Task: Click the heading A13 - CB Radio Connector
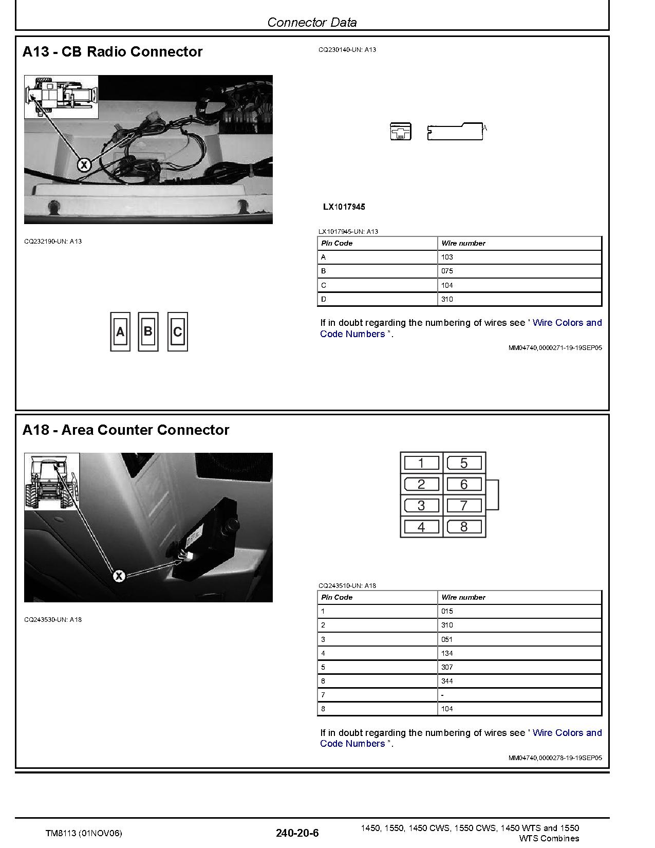coord(113,52)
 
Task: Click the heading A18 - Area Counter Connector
coord(126,430)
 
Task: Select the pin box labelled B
coord(148,332)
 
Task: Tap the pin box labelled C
coord(178,332)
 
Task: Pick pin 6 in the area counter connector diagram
coord(464,484)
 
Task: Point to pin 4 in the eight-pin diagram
coord(421,527)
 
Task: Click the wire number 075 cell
coord(447,271)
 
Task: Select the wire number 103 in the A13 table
coord(447,257)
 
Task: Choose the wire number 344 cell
coord(447,681)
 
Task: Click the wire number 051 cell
coord(447,639)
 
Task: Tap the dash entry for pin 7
coord(443,695)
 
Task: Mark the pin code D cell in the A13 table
coord(324,299)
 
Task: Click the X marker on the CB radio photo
coord(84,165)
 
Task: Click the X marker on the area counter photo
coord(119,576)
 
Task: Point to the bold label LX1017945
coord(344,207)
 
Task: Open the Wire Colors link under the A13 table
coord(567,323)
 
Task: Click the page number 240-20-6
coord(297,833)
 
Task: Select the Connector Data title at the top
coord(312,22)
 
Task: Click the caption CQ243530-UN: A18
coord(53,619)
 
